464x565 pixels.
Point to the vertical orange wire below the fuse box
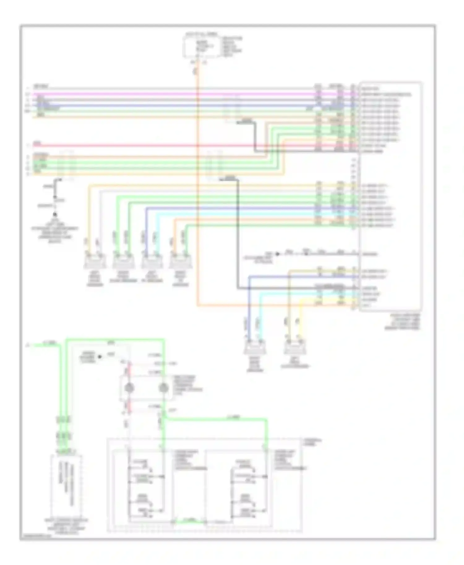pyautogui.click(x=197, y=185)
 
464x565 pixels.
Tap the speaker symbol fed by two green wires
pyautogui.click(x=123, y=263)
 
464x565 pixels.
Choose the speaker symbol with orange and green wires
pyautogui.click(x=180, y=263)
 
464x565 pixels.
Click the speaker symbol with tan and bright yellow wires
pyautogui.click(x=295, y=348)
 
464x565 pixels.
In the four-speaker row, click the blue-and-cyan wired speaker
pyautogui.click(x=152, y=263)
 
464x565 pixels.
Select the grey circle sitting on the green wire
pyautogui.click(x=163, y=388)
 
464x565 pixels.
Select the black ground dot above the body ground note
pyautogui.click(x=55, y=214)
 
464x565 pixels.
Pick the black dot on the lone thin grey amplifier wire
pyautogui.click(x=277, y=254)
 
